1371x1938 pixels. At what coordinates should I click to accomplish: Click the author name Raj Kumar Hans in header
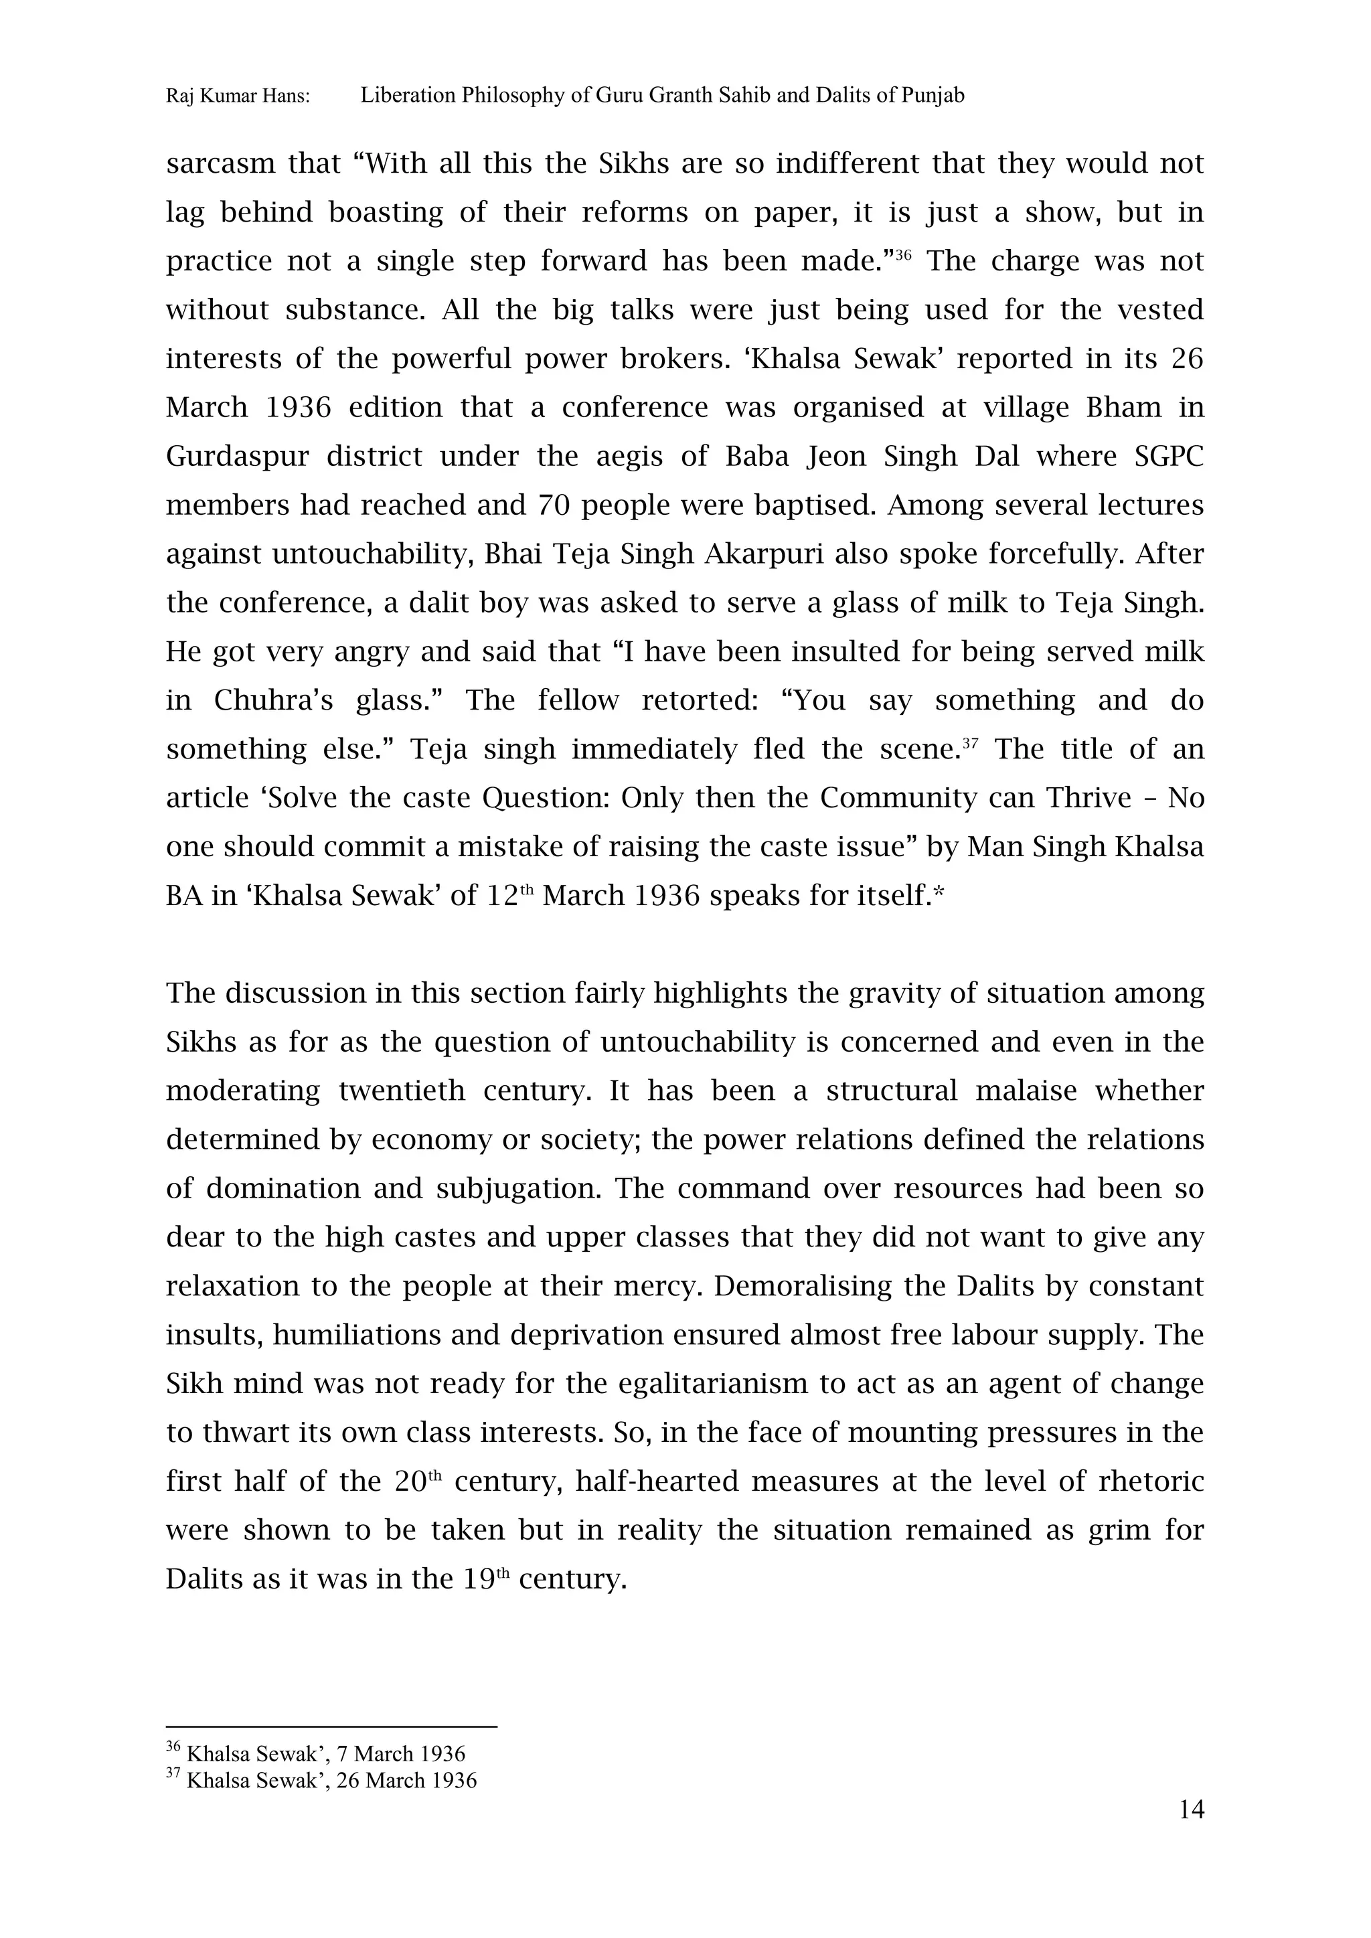[x=237, y=96]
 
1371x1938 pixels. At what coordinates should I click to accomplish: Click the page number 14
[x=1190, y=1809]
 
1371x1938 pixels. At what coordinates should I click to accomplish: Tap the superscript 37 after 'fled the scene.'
[x=970, y=743]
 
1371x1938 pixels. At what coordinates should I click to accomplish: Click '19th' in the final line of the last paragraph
[x=485, y=1579]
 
